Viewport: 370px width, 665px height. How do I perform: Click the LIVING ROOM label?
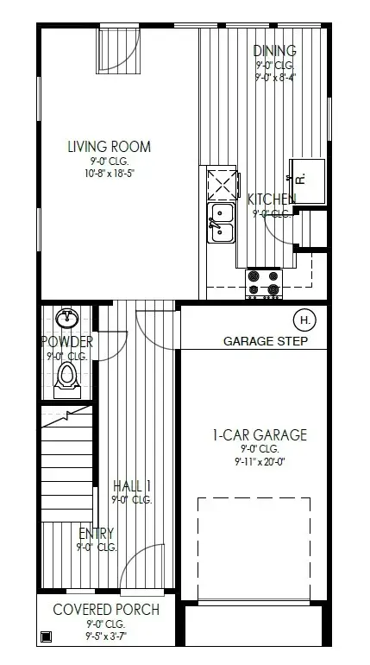tap(110, 146)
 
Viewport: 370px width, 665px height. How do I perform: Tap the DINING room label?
tap(275, 51)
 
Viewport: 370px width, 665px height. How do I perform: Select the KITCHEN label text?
tap(272, 199)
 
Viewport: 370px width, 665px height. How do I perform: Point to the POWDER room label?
tap(67, 342)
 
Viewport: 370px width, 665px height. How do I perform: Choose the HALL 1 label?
tap(132, 485)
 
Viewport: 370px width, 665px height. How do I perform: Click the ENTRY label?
tap(96, 533)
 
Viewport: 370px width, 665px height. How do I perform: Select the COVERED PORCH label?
tap(106, 609)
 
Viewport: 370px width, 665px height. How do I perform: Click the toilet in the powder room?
tap(67, 377)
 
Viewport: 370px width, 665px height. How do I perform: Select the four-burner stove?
tap(264, 282)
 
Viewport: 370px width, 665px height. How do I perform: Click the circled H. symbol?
tap(305, 319)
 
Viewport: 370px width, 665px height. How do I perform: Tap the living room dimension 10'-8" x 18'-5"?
tap(110, 173)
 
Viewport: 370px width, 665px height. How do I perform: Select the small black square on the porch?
tap(46, 637)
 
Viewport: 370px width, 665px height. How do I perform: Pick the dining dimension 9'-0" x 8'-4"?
tap(275, 77)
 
